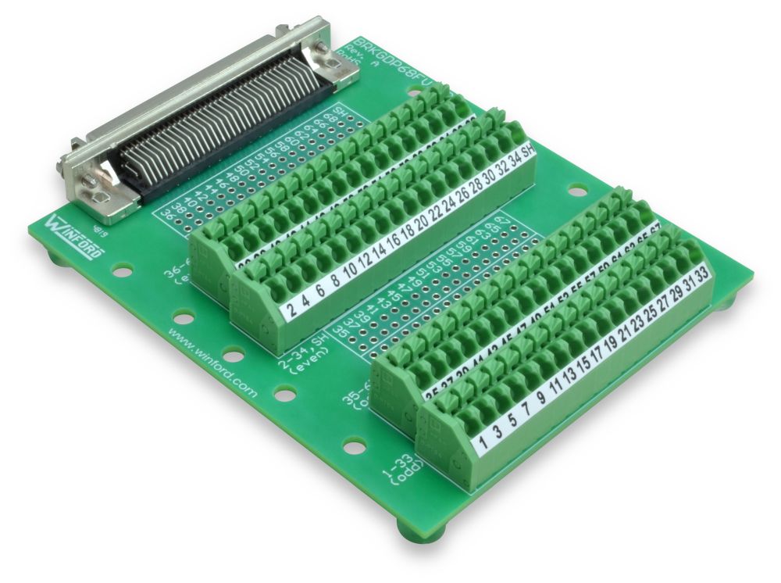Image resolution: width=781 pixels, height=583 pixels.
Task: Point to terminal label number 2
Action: pos(291,312)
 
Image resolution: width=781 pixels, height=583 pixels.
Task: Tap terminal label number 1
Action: pos(483,443)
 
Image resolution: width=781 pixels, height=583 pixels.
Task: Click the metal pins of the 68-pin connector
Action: pos(219,117)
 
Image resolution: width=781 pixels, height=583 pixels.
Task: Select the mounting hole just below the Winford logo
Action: pos(121,270)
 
